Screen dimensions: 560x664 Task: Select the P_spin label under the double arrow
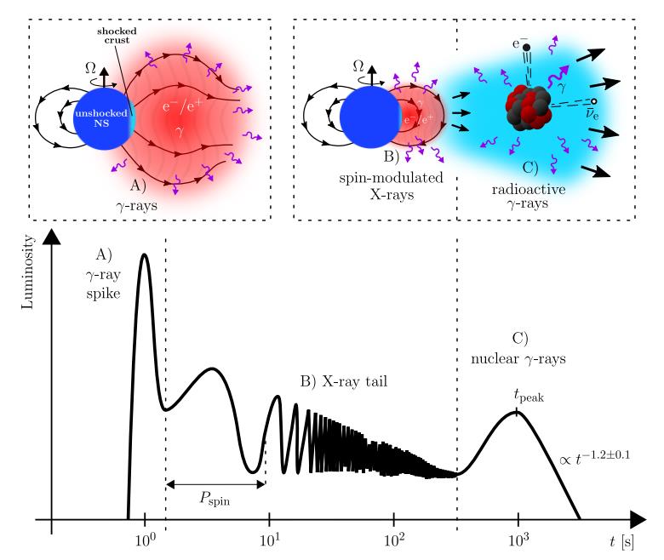point(216,501)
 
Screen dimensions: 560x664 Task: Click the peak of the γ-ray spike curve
point(145,254)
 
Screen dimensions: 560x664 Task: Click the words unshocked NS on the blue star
point(100,118)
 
